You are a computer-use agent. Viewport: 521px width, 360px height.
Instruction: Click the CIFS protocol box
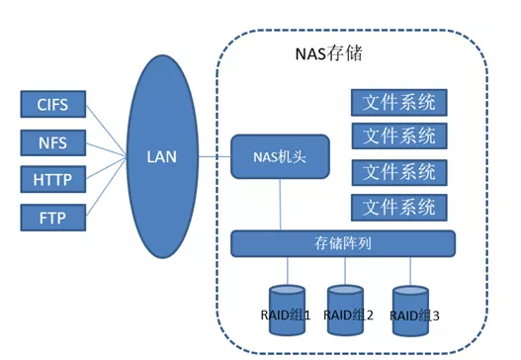[52, 104]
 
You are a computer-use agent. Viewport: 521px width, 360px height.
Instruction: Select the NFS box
[52, 141]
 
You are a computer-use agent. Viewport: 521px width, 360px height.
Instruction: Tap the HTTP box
[52, 179]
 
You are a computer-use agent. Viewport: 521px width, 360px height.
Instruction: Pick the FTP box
[52, 217]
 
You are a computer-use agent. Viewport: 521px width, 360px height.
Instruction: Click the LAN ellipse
[161, 156]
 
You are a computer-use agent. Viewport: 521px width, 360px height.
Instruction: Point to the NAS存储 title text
[329, 52]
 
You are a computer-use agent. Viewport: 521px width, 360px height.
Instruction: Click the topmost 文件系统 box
[398, 102]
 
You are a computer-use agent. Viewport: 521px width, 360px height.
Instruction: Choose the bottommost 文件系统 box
[398, 207]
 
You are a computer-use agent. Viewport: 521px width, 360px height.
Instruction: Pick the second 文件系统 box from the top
[398, 135]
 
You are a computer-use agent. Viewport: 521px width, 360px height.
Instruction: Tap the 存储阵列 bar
[343, 242]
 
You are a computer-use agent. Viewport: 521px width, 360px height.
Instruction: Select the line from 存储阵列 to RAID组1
[288, 270]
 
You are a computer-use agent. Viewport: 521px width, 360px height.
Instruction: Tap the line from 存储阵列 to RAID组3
[410, 270]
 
